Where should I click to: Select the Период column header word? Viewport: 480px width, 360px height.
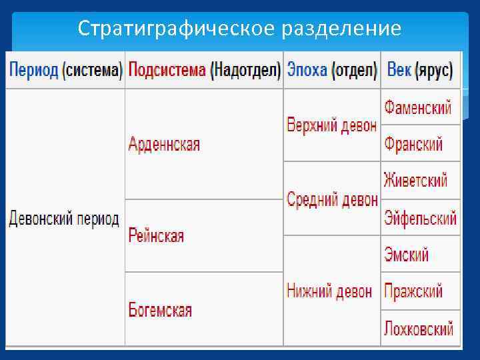(x=33, y=70)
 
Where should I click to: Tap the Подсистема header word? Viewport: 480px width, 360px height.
(x=167, y=70)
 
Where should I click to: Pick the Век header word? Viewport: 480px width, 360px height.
(x=399, y=70)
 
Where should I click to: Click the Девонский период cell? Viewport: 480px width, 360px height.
(x=64, y=219)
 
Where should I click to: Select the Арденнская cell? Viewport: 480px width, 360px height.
(x=164, y=144)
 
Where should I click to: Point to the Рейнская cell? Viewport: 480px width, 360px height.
(x=156, y=235)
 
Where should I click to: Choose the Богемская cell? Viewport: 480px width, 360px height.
(x=160, y=310)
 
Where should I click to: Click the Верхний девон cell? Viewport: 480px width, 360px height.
(x=331, y=125)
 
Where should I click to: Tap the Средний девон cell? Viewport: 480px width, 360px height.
(x=332, y=199)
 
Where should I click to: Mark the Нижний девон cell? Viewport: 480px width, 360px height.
(x=329, y=290)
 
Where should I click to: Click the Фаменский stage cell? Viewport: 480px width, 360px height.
(x=417, y=107)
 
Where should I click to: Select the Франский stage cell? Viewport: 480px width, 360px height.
(x=413, y=144)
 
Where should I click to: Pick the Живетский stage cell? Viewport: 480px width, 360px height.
(x=415, y=180)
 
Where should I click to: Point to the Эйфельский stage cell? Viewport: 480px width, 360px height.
(x=420, y=218)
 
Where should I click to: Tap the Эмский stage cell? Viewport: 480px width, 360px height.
(x=406, y=254)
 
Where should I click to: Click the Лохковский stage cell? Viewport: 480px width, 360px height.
(x=419, y=328)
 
